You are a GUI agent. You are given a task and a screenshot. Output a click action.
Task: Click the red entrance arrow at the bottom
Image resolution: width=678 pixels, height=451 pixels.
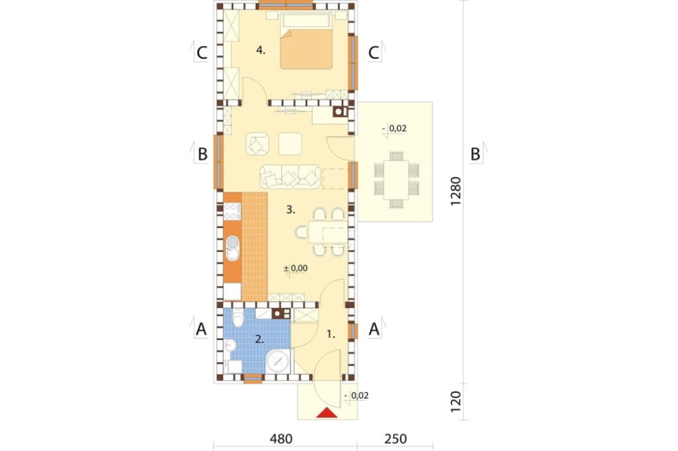coord(327,413)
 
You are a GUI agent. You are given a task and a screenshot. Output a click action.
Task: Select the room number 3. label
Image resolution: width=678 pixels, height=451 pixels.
coord(290,210)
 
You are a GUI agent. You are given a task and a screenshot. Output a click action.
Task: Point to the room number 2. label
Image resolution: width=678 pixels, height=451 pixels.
coord(259,339)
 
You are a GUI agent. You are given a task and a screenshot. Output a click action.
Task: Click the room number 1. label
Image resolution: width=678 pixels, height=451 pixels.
coord(331,334)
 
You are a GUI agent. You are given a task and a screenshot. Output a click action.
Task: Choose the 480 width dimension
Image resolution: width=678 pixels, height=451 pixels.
coord(280,439)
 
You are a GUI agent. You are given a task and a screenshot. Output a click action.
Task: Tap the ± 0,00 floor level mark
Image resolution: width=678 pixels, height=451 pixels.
coord(296,268)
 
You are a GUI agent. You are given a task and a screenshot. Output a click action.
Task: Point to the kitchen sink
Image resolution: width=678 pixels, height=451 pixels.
coord(233,249)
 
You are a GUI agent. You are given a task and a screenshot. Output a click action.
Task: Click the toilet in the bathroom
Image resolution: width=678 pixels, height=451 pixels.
coord(235,318)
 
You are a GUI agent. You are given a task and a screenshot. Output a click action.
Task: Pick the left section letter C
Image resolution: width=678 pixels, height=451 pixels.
coord(201,52)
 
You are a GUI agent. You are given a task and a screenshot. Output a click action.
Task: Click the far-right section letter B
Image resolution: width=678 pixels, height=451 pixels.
coord(475,154)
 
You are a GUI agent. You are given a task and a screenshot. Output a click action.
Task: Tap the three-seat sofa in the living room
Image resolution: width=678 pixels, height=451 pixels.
coord(290,177)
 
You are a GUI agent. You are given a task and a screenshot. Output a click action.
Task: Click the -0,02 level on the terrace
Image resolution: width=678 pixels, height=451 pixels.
coord(395,127)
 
